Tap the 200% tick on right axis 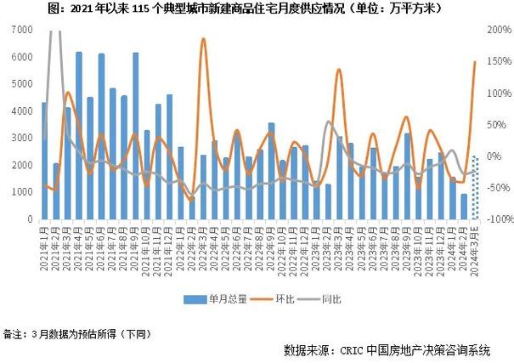pos(499,30)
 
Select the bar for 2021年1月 pos(45,162)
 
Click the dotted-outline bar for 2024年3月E pos(475,188)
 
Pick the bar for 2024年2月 pos(464,206)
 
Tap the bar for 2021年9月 pos(135,136)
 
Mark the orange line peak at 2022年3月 pos(203,39)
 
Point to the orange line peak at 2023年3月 pos(339,70)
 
